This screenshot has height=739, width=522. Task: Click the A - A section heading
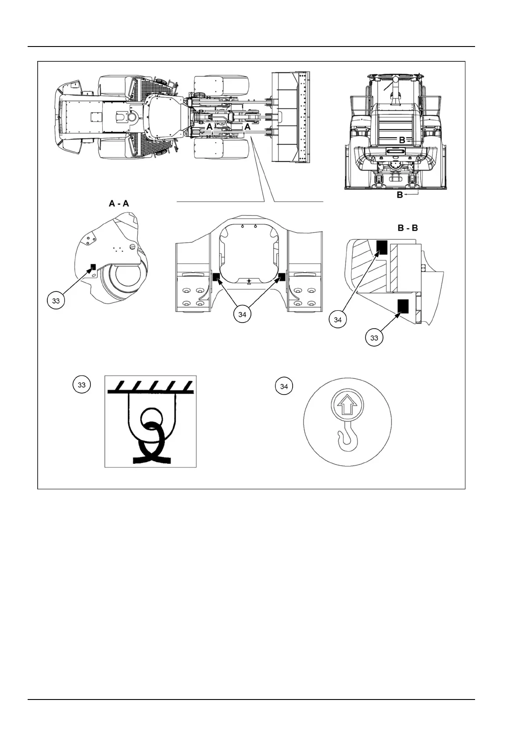point(118,204)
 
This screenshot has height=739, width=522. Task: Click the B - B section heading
point(405,228)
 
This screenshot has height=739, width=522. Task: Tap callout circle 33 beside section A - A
point(56,301)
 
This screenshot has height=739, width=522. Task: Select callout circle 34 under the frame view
point(243,314)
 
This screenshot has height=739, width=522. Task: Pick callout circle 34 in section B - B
point(338,320)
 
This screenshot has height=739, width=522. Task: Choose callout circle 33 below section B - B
point(374,338)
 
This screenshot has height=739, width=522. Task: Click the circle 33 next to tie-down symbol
point(82,385)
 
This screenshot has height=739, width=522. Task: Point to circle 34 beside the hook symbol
point(284,386)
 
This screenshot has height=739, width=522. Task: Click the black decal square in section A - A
point(93,266)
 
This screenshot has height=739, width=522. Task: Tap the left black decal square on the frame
point(216,276)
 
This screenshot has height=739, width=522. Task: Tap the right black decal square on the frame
point(282,276)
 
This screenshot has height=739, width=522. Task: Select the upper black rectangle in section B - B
point(381,248)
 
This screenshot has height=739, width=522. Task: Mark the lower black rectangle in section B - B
point(403,306)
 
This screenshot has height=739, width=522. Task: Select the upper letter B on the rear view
point(401,140)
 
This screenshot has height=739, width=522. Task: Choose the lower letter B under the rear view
point(400,194)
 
